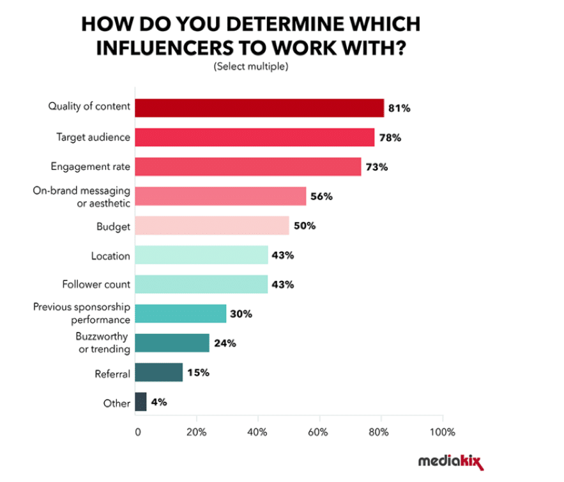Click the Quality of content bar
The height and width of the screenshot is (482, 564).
[x=259, y=108]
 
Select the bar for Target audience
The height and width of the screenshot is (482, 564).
[x=255, y=137]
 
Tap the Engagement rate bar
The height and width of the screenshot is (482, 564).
[x=248, y=167]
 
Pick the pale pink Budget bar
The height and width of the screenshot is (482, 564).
[x=212, y=226]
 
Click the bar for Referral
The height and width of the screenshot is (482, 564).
[x=159, y=372]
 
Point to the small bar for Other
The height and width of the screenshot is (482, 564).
[x=141, y=402]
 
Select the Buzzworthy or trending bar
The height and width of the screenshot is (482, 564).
[x=172, y=343]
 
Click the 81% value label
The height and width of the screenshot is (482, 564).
[x=399, y=109]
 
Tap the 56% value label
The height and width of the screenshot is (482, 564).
[x=321, y=197]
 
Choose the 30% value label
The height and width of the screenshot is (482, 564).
[x=241, y=314]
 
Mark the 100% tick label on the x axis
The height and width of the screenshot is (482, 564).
[x=442, y=432]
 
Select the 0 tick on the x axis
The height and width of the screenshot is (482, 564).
[x=137, y=432]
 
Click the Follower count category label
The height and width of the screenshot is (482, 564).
[x=96, y=285]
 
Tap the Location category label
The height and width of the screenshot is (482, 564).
[x=111, y=256]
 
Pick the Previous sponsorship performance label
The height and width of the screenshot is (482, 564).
[x=82, y=313]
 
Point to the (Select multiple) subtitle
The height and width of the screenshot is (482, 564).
[x=251, y=66]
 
